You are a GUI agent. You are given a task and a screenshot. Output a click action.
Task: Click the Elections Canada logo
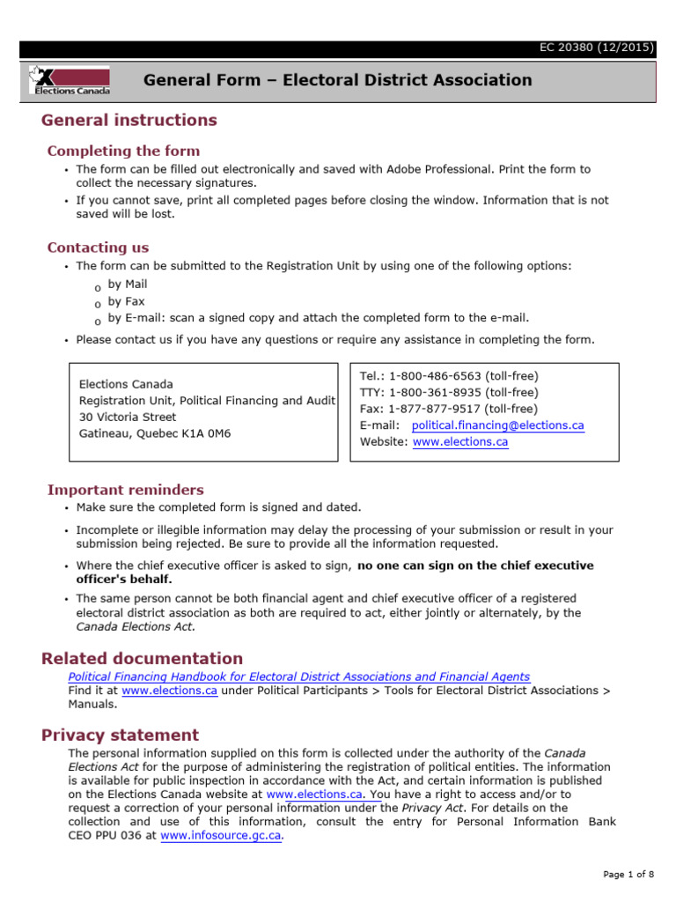[70, 80]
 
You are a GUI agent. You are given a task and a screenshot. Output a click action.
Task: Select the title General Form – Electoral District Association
[338, 80]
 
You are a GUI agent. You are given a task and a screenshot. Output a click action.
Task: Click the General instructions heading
[129, 120]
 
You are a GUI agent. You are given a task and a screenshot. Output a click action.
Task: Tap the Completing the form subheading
[123, 151]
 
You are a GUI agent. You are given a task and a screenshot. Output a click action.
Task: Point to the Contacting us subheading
[98, 248]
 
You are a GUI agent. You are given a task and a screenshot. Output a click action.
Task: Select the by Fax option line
[126, 301]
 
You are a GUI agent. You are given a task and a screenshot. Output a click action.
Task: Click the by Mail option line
[128, 285]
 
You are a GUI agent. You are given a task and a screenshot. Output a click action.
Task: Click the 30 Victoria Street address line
[128, 417]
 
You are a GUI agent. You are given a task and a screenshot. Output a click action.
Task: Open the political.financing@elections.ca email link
[497, 425]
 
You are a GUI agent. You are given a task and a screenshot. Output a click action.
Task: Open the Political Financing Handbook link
[299, 676]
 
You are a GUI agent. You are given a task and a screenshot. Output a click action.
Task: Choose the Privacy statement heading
[120, 735]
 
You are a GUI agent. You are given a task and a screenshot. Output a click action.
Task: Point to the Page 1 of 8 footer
[628, 874]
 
